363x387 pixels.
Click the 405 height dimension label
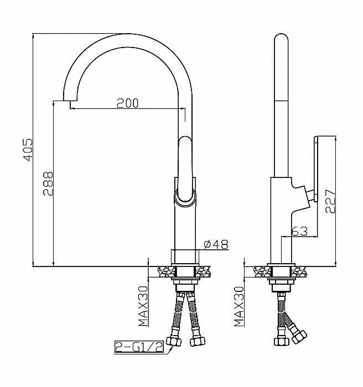[x=28, y=150]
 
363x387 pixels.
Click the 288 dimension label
[x=48, y=184]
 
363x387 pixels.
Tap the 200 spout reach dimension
[x=127, y=103]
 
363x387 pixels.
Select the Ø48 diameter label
[x=216, y=244]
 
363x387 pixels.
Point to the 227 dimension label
[x=330, y=201]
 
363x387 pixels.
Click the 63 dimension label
[x=300, y=231]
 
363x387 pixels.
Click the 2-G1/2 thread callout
[x=139, y=347]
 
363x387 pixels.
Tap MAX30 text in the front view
[x=143, y=306]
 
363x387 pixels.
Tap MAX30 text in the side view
[x=239, y=306]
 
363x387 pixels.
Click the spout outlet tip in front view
[x=70, y=101]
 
